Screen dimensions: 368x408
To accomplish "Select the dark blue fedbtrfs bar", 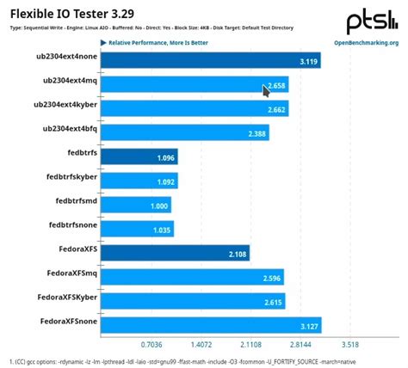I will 139,157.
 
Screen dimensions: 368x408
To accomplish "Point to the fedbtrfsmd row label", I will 64,205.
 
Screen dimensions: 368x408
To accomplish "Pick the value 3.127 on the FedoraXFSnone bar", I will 306,326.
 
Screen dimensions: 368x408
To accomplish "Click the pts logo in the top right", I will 371,21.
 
